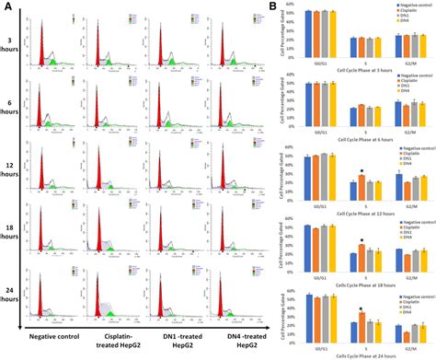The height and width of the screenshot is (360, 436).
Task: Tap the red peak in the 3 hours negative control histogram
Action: (x=40, y=42)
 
